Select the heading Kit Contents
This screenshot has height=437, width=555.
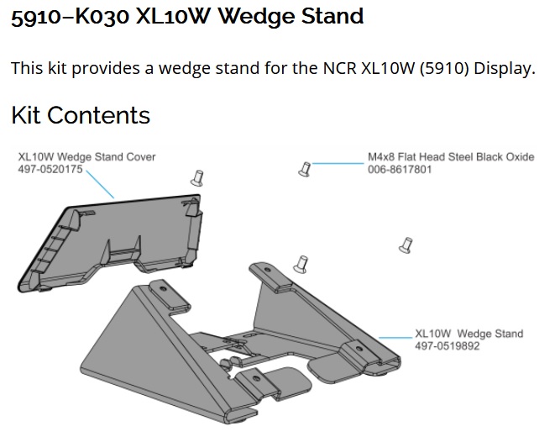click(81, 116)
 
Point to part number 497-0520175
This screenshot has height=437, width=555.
click(50, 168)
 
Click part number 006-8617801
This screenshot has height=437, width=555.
click(400, 168)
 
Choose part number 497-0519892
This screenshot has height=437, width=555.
click(447, 345)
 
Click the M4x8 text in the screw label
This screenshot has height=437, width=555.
click(383, 157)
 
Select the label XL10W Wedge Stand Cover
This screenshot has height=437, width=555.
click(87, 156)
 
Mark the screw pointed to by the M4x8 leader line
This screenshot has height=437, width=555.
click(305, 170)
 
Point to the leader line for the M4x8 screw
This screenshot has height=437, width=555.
click(338, 164)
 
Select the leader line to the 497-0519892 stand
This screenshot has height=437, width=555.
click(396, 337)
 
